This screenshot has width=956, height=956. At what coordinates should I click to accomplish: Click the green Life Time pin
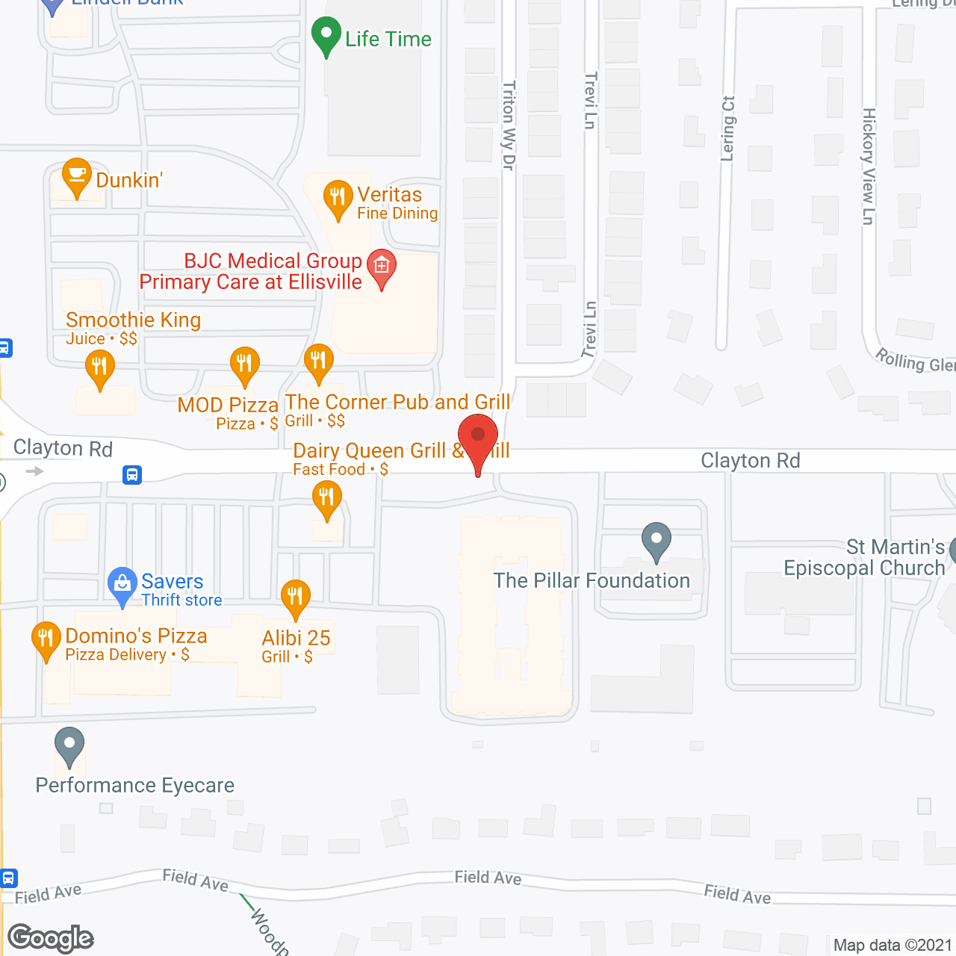click(326, 35)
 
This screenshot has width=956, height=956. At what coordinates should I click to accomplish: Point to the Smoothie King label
click(133, 320)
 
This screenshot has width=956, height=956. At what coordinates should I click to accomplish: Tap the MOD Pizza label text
click(228, 406)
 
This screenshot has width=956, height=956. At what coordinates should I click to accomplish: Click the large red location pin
click(477, 440)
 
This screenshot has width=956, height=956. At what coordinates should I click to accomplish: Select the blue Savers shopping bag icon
click(121, 585)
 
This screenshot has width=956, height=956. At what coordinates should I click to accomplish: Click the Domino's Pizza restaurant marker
click(46, 639)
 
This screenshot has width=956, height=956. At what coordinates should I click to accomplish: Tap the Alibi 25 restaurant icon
click(296, 597)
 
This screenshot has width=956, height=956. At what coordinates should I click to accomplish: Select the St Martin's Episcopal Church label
click(864, 558)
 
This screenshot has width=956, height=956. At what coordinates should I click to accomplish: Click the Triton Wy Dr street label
click(509, 125)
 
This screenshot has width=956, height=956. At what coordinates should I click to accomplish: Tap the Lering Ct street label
click(728, 128)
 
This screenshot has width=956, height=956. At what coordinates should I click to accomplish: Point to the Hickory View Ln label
click(868, 166)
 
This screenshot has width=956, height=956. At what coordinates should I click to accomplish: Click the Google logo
click(51, 937)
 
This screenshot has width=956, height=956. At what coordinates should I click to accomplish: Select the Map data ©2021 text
click(893, 946)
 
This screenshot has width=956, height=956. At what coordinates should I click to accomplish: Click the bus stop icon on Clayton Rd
click(132, 474)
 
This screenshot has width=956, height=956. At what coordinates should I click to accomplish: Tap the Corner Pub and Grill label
click(397, 403)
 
